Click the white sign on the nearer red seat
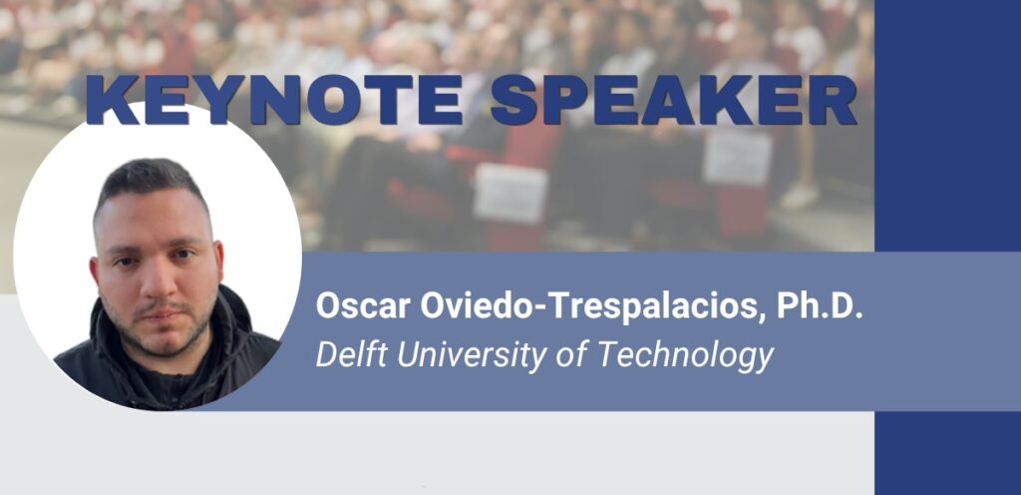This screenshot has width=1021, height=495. pos(510,192)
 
